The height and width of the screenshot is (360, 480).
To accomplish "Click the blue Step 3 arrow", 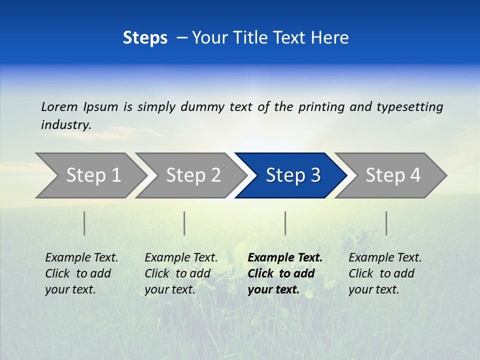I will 292,175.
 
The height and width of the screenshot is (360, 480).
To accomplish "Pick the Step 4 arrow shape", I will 393,175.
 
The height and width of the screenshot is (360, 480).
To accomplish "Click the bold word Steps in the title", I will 145,38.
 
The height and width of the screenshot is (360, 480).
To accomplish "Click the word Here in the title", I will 329,38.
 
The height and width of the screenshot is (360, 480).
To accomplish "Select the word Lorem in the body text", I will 59,106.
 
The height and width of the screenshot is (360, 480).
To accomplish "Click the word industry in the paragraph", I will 65,124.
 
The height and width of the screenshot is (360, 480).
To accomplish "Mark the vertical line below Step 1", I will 84,223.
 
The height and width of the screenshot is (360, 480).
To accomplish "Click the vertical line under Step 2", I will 184,223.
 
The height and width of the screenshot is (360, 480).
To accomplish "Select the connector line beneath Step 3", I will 285,223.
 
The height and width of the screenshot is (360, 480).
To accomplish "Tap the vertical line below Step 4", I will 386,223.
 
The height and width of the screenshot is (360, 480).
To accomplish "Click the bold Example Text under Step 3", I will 285,258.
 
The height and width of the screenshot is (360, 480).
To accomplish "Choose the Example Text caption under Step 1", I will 81,258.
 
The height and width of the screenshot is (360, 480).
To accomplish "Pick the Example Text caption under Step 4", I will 385,258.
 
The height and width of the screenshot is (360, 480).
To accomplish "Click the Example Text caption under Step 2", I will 181,258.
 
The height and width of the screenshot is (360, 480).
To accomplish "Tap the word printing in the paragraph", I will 321,106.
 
